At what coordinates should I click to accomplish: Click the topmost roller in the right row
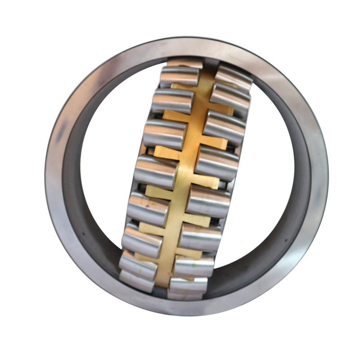point(233,78)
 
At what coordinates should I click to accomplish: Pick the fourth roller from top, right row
point(217,162)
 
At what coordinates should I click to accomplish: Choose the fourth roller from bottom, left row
point(148,209)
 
